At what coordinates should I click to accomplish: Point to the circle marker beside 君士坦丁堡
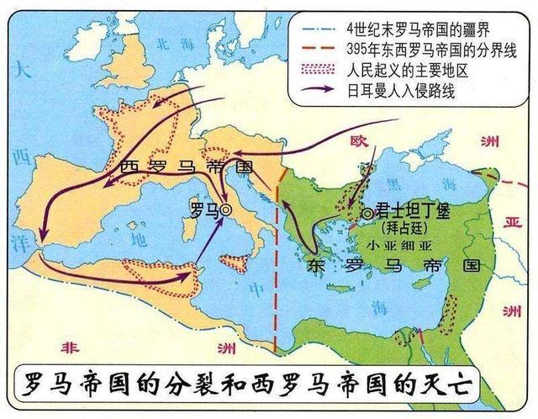pos(367,214)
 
